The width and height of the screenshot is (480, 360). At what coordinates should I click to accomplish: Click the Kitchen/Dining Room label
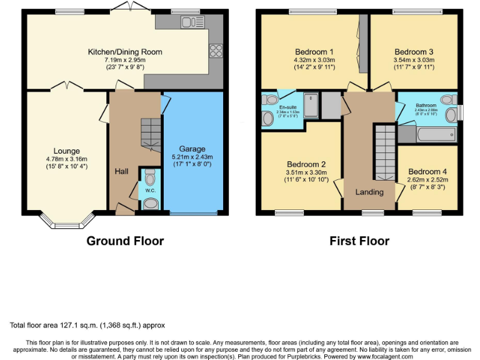click(116, 52)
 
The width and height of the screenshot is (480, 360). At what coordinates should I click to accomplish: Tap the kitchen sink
click(188, 22)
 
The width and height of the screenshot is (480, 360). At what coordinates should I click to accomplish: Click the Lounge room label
click(66, 151)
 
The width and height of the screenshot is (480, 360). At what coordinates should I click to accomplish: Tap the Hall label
click(121, 171)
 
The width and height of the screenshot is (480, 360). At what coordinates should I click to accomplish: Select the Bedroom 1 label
click(314, 52)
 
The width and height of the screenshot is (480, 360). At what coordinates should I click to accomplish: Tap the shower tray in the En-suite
click(311, 104)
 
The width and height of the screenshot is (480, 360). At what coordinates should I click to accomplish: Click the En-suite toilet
click(270, 100)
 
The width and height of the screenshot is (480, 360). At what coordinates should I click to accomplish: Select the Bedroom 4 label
click(427, 172)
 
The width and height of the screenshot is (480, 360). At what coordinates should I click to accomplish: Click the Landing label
click(369, 192)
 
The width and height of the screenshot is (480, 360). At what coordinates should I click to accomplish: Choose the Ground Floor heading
click(125, 241)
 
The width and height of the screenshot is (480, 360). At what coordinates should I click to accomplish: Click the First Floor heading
click(359, 241)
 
